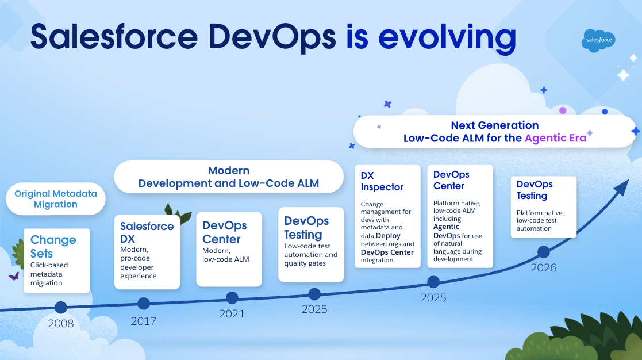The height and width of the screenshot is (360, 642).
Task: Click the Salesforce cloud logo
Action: (x=599, y=40)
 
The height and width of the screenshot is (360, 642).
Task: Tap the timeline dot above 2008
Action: (x=60, y=307)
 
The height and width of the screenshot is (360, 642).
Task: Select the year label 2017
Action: (x=143, y=321)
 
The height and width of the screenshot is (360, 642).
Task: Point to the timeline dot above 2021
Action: (x=232, y=297)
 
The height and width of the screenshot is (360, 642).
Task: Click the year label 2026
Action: (x=543, y=268)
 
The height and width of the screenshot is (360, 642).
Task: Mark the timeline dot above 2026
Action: (x=543, y=252)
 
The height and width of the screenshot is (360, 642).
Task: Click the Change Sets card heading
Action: (x=53, y=247)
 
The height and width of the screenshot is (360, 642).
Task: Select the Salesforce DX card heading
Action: (x=147, y=232)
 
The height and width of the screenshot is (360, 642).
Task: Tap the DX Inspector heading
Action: (x=382, y=181)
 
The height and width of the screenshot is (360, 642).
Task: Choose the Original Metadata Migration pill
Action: (x=56, y=199)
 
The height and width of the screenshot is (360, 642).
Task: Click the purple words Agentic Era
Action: (x=555, y=138)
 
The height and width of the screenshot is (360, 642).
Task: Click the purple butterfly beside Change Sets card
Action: (x=14, y=276)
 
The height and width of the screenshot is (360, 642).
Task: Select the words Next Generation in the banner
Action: (x=494, y=125)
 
